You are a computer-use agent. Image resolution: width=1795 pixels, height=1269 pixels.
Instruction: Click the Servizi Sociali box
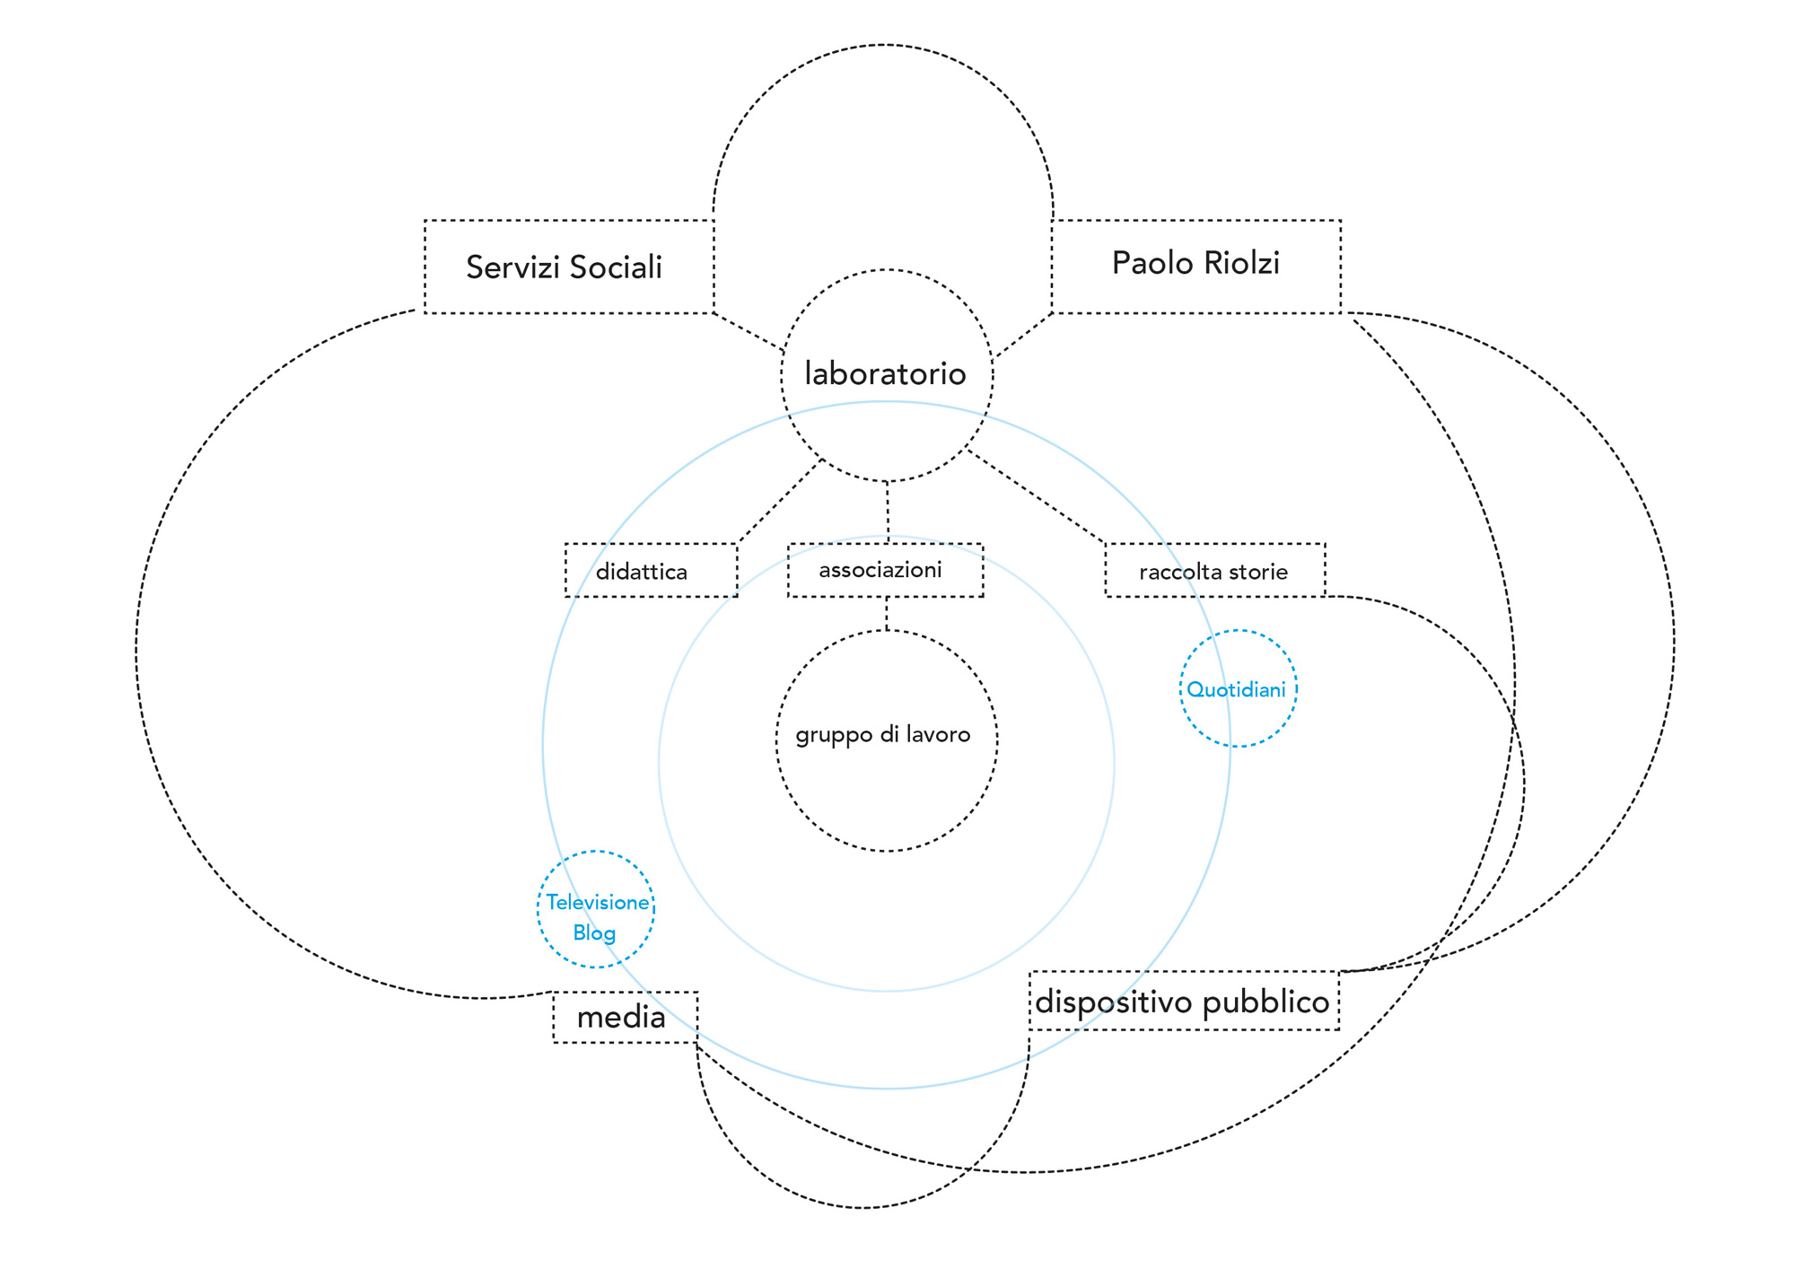click(x=568, y=267)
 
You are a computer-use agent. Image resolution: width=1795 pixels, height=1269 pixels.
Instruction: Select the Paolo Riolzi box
click(x=1195, y=266)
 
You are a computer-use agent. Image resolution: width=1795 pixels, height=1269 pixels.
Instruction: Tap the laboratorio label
click(x=885, y=373)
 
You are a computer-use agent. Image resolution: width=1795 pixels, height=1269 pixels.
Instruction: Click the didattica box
click(x=651, y=571)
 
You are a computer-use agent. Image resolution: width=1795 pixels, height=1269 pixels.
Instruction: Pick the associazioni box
click(x=885, y=570)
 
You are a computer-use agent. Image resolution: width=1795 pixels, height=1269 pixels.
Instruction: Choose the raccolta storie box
click(x=1214, y=571)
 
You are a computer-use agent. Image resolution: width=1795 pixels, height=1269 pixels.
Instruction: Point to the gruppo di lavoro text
click(x=883, y=735)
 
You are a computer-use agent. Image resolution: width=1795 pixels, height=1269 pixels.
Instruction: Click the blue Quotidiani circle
click(x=1238, y=688)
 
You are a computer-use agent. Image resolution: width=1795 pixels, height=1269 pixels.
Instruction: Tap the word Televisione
click(x=597, y=902)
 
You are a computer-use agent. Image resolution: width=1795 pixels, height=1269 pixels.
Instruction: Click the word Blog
click(x=594, y=932)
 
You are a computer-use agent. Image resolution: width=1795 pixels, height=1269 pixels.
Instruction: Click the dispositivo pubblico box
click(x=1183, y=1001)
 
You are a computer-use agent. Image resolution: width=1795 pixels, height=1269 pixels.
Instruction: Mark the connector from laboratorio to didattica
click(x=779, y=502)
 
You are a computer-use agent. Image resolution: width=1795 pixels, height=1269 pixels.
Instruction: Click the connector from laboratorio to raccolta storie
click(x=1035, y=498)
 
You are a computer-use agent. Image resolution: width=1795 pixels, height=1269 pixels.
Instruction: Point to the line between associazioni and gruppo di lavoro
click(x=887, y=613)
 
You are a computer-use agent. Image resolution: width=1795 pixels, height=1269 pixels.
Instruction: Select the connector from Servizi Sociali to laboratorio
click(x=749, y=331)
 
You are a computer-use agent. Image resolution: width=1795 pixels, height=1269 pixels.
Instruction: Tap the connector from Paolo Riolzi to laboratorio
click(x=1023, y=335)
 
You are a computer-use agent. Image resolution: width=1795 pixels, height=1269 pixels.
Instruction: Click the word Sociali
click(x=616, y=267)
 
